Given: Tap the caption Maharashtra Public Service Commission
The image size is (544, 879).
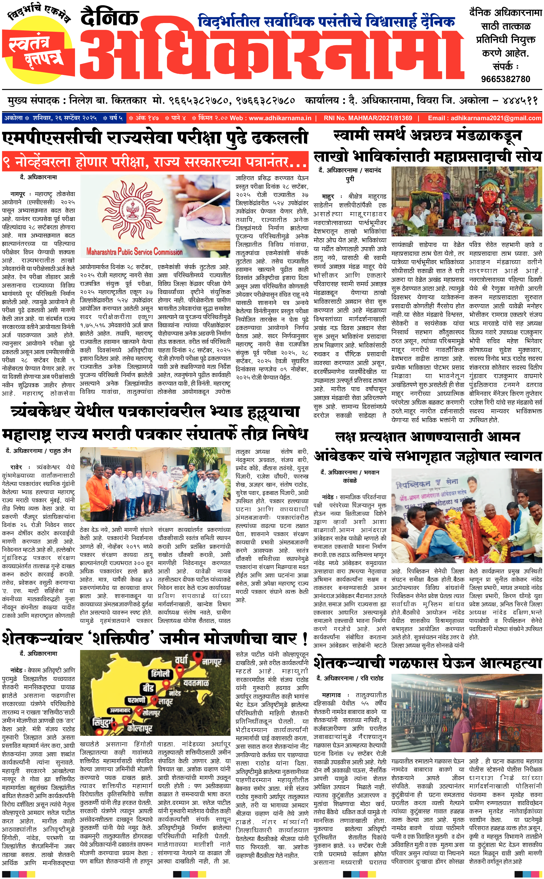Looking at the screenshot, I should pyautogui.click(x=135, y=251).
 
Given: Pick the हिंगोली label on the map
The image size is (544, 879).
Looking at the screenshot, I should pyautogui.click(x=161, y=674).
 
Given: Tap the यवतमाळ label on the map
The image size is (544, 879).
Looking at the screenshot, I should pyautogui.click(x=196, y=683).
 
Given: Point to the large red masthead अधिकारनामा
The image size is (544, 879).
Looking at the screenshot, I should pyautogui.click(x=272, y=54).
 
